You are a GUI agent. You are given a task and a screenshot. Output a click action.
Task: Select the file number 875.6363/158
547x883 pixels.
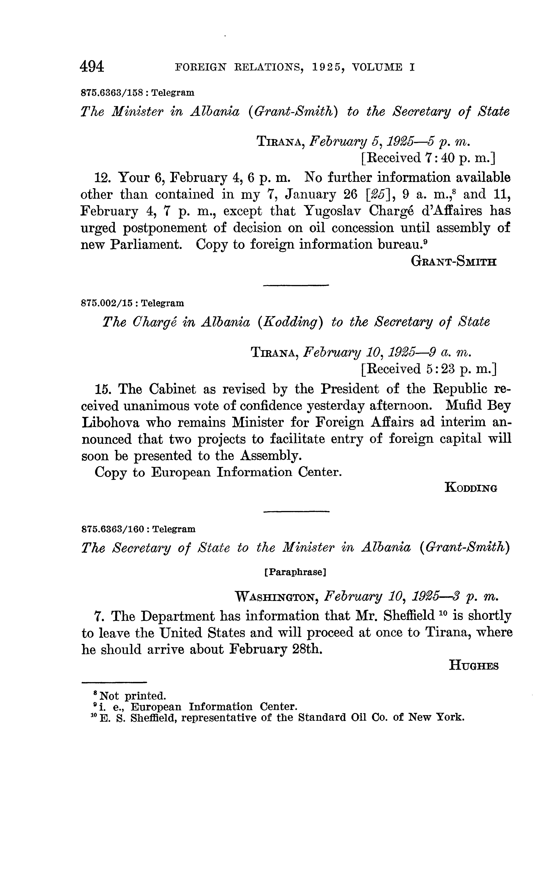coord(114,93)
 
